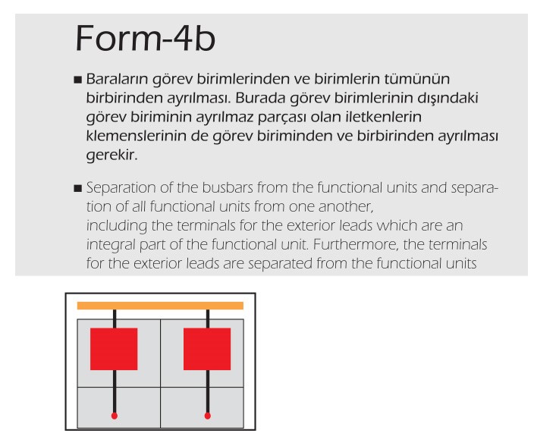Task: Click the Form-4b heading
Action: pos(145,38)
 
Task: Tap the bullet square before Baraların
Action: pos(78,80)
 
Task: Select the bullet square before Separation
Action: pos(78,188)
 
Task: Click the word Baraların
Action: pos(117,79)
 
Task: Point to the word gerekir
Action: pos(112,155)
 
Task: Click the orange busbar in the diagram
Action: pos(160,306)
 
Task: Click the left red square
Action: pos(114,349)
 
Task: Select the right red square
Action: pos(207,349)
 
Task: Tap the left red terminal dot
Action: pos(115,416)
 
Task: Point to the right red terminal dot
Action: pos(207,416)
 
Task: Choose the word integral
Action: pos(111,245)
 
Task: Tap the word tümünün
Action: pos(417,79)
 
